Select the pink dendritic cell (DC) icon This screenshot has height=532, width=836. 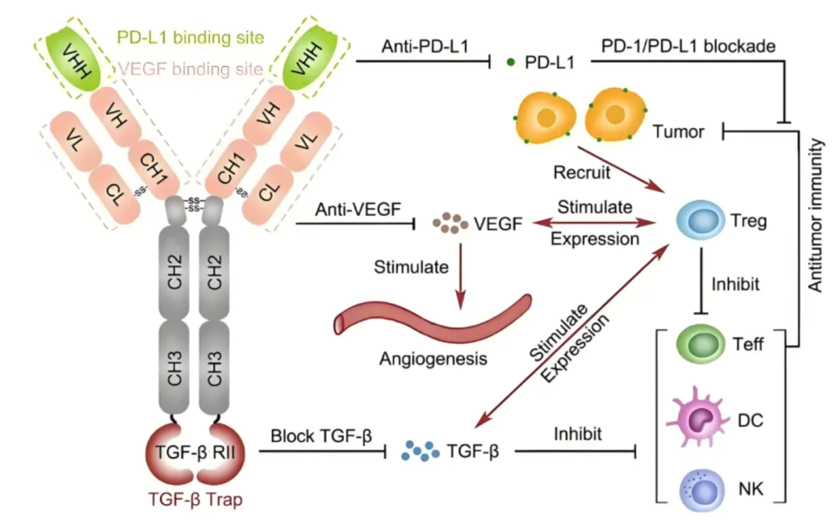pos(698,416)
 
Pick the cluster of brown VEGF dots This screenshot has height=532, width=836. pos(450,225)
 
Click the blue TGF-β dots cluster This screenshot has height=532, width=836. pos(421,450)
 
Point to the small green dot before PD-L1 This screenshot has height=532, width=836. pos(509,63)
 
